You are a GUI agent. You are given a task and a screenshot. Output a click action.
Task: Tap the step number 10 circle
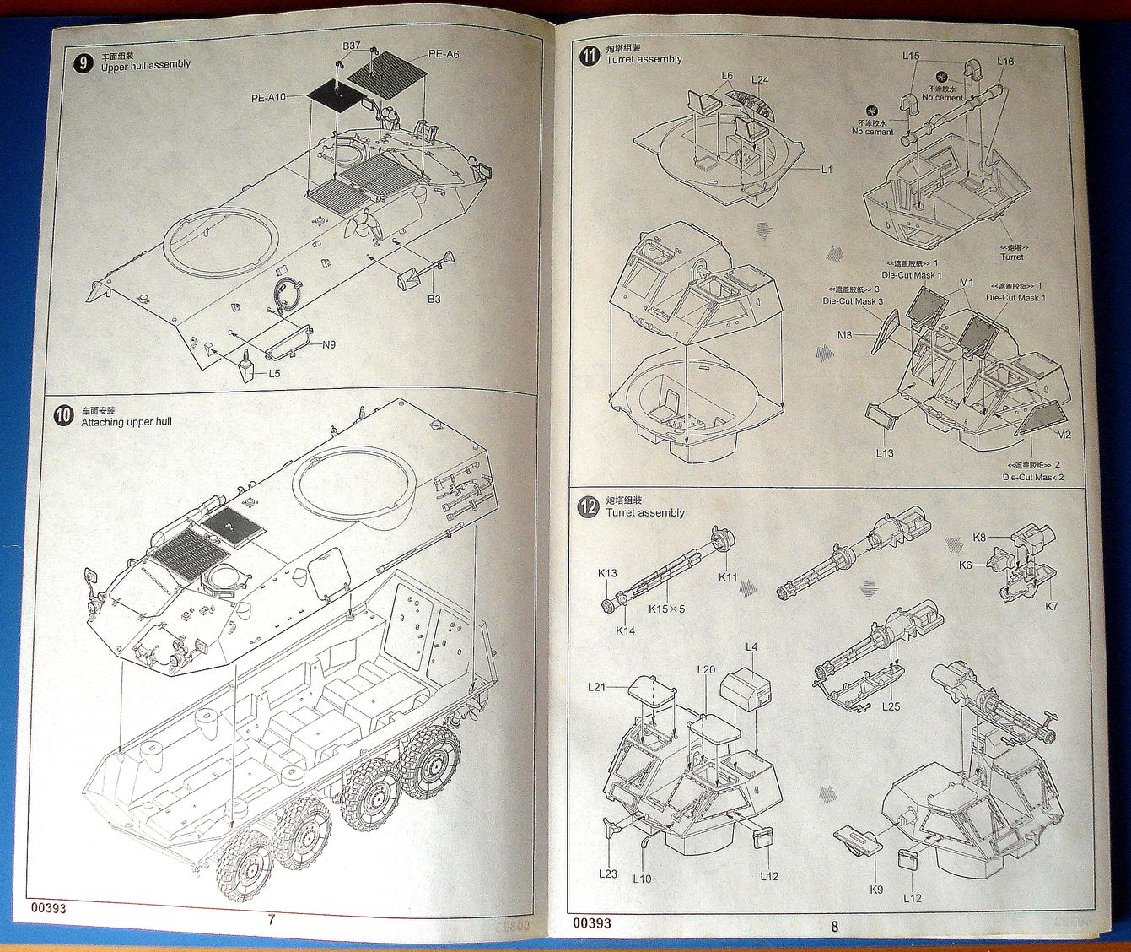63,416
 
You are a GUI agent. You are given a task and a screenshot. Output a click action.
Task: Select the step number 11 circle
589,56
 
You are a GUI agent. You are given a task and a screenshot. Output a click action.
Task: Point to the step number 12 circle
588,507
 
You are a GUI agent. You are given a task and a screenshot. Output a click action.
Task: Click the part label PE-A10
268,98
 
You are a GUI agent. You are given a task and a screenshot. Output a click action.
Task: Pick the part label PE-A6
444,54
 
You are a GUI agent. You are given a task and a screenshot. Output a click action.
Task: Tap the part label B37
352,46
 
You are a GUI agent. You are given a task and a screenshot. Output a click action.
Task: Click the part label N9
328,344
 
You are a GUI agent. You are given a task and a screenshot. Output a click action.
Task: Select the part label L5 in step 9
274,373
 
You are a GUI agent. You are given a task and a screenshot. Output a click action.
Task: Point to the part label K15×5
667,609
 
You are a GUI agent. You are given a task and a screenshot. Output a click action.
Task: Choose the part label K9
875,889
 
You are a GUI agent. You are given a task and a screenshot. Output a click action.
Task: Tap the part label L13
883,453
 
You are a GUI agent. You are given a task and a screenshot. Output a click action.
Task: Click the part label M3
844,336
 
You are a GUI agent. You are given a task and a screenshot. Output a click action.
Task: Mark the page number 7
271,920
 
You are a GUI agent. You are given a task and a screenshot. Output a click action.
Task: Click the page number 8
834,926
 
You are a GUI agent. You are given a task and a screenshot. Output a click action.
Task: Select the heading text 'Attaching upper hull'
127,422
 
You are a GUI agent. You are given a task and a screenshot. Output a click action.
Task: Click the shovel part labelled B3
418,270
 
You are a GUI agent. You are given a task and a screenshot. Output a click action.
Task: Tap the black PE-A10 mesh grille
335,103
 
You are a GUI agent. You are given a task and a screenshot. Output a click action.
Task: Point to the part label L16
1004,62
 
